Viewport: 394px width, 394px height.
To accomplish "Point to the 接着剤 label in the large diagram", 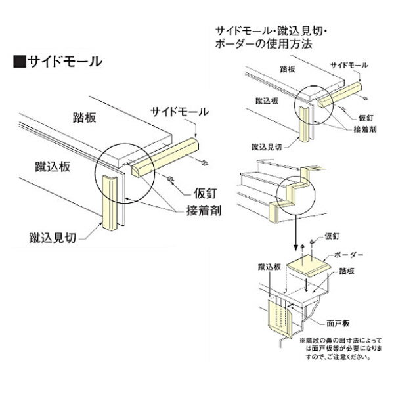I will [209, 211].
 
